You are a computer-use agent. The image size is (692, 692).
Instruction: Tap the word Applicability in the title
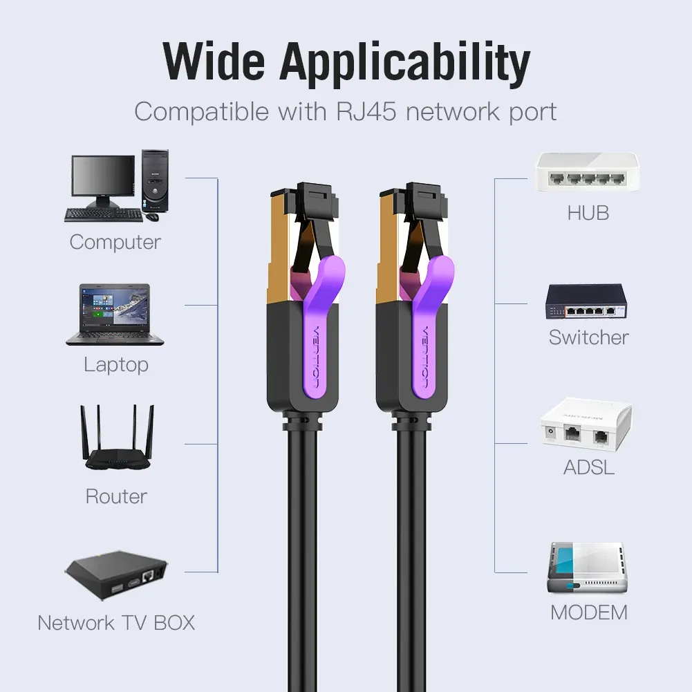click(x=408, y=64)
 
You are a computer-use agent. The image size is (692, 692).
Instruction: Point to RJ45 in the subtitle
click(x=367, y=111)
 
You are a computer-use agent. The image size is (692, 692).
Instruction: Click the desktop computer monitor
click(x=102, y=178)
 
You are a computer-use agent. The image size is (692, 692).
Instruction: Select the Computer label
click(x=115, y=242)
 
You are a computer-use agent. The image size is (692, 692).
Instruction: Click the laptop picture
click(x=115, y=315)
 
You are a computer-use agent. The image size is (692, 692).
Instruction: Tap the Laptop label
click(x=115, y=364)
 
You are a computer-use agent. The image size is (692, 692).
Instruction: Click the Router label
click(x=116, y=496)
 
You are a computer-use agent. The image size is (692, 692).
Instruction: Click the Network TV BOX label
click(x=116, y=622)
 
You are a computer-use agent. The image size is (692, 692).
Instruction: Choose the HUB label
click(x=588, y=213)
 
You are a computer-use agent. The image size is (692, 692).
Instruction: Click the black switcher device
click(x=586, y=301)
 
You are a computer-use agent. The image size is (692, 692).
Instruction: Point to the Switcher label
click(x=588, y=337)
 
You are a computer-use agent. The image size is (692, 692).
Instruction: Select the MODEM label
click(x=589, y=612)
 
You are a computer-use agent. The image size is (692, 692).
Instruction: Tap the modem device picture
click(x=588, y=567)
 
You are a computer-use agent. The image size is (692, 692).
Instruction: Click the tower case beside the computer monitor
click(x=155, y=180)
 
